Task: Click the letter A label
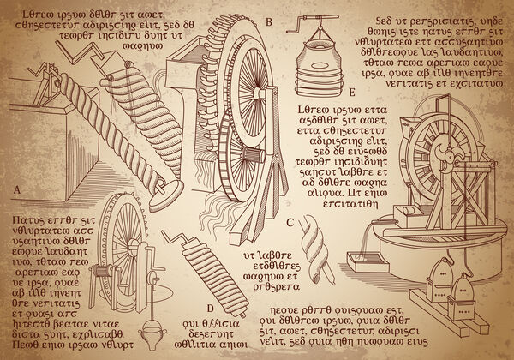pos(16,189)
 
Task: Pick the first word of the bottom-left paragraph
pos(21,222)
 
